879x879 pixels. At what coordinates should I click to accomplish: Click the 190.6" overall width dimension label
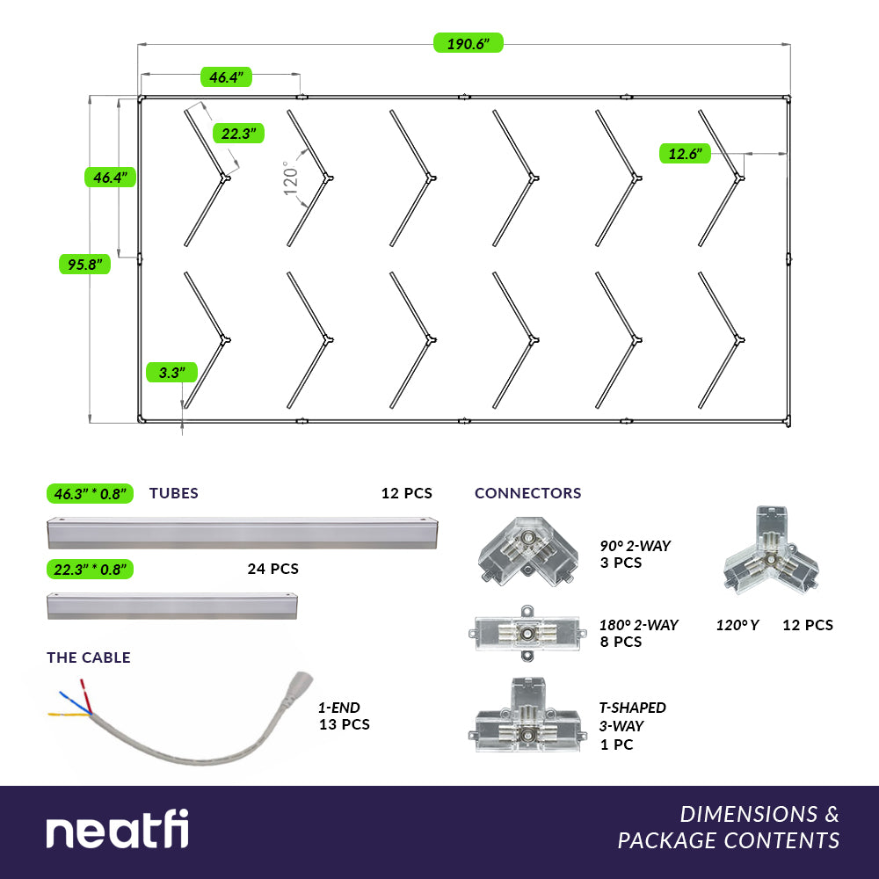469,43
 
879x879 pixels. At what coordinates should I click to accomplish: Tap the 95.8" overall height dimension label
84,264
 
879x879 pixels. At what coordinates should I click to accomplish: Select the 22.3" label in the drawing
238,134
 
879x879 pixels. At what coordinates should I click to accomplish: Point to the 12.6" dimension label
685,154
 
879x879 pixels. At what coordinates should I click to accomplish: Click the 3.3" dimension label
171,372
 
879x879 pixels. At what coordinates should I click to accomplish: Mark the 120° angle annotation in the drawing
290,178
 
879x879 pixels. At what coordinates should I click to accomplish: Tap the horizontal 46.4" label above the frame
226,76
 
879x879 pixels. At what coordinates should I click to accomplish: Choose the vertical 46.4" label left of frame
111,178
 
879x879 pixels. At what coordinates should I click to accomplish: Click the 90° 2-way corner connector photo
527,552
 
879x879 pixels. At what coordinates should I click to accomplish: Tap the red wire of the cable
86,695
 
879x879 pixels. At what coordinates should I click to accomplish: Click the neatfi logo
117,829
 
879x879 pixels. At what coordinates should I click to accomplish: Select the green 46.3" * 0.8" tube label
90,493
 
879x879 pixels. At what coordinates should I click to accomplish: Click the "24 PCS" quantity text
273,569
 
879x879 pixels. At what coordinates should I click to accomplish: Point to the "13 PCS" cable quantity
345,724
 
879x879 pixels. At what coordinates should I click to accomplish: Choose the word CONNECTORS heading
527,493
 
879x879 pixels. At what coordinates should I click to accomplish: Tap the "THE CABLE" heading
89,657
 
